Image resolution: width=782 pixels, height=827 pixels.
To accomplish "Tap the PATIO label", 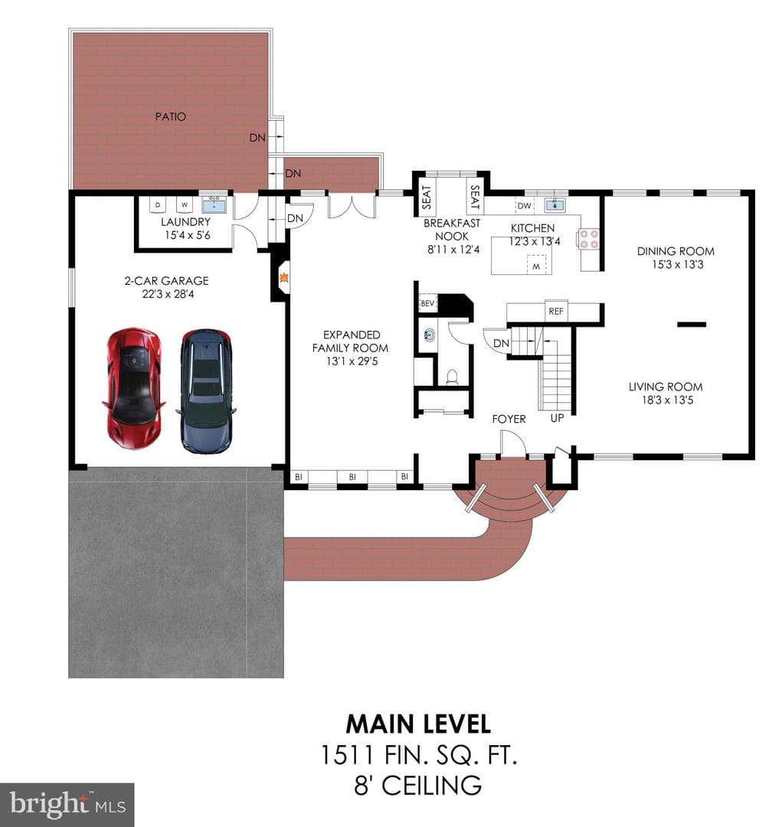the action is (171, 116).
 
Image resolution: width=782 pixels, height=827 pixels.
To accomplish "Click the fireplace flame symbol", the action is (284, 276).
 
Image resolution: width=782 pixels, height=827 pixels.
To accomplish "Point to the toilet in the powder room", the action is (452, 377).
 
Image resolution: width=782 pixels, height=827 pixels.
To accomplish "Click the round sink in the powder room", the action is (430, 335).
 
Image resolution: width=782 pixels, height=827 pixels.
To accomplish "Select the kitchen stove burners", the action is (590, 238).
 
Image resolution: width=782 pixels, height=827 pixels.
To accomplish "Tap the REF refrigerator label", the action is (556, 311).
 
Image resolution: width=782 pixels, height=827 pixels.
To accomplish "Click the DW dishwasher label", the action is (524, 206).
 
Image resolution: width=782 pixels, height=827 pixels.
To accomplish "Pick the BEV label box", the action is (427, 303).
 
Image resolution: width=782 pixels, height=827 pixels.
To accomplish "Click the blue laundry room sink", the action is (214, 204).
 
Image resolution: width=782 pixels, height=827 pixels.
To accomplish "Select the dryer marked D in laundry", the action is (158, 204).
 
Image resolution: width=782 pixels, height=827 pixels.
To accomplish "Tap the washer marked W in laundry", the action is (185, 204).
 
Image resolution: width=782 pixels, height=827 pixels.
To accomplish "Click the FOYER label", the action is (509, 419).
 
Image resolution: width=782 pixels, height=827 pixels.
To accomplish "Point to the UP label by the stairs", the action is (558, 418).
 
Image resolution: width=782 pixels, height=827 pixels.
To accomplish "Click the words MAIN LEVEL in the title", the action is (418, 724).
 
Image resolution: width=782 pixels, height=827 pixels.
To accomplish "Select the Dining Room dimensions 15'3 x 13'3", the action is (678, 264).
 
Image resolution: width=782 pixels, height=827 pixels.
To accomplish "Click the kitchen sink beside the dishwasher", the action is (555, 204).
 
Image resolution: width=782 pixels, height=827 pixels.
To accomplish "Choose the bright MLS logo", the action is (67, 805).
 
